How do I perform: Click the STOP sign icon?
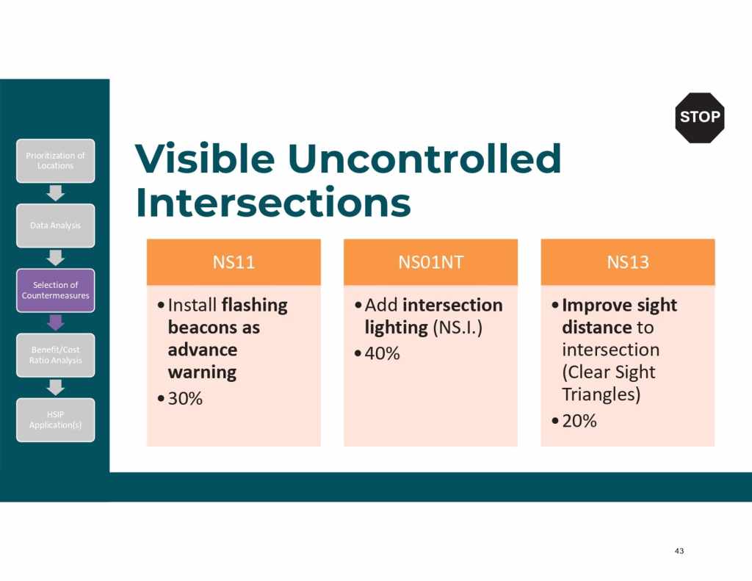(700, 118)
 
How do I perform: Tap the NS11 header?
(234, 262)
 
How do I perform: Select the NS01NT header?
(430, 262)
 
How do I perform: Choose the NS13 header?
(628, 262)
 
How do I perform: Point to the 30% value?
(185, 398)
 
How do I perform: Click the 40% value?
(382, 353)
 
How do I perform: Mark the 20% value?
(579, 421)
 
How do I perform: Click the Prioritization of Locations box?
(56, 161)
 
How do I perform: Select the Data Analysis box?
(56, 225)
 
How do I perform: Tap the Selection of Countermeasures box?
(56, 290)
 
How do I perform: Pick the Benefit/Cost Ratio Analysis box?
(56, 355)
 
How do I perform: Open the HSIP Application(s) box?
(56, 420)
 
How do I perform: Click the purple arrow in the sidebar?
(56, 322)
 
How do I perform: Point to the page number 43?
(679, 551)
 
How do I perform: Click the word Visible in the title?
(205, 159)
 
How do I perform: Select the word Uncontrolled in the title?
(424, 159)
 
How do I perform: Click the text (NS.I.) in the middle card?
(458, 328)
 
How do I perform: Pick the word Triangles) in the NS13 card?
(601, 394)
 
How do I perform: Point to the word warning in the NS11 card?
(203, 372)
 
